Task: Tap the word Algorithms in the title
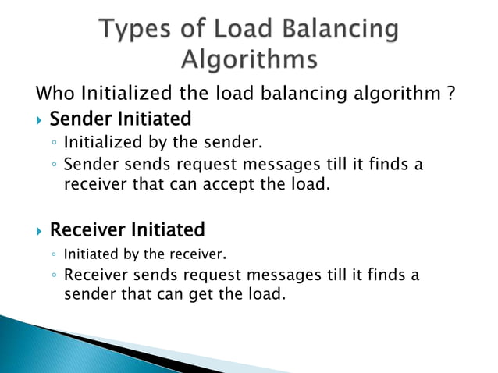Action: [x=250, y=59]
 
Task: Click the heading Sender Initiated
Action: [x=120, y=119]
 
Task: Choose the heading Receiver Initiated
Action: [x=127, y=230]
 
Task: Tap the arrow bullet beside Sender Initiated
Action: [x=40, y=120]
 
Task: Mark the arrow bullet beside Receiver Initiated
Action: [x=40, y=231]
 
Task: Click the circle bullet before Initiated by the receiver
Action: [x=52, y=254]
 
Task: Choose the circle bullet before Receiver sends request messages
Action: [x=52, y=275]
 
